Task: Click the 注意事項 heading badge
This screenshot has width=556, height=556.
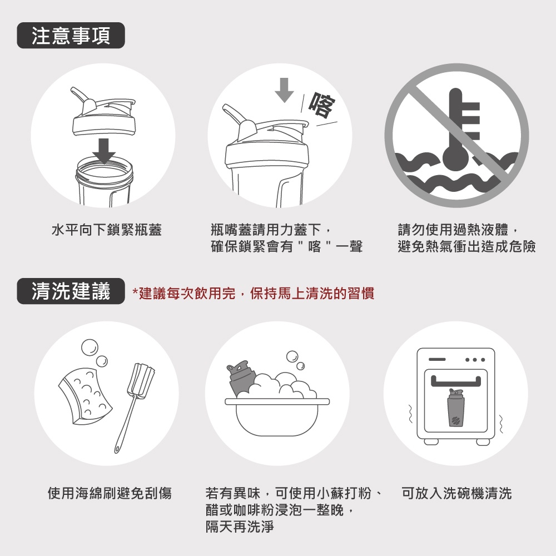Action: (71, 36)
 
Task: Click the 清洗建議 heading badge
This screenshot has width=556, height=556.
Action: (71, 291)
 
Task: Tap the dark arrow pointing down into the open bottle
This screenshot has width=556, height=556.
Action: (104, 151)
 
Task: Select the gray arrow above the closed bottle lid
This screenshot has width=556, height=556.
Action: (284, 90)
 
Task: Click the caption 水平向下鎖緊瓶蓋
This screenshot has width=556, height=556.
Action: (107, 230)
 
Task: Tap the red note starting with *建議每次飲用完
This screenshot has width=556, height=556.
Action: (253, 293)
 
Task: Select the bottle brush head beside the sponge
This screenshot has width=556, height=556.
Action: (141, 379)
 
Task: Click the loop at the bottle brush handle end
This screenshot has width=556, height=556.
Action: (117, 449)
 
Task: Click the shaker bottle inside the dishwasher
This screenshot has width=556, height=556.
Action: (456, 408)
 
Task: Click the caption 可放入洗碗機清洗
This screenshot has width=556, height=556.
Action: (456, 493)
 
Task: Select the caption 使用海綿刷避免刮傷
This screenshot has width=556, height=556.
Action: (110, 493)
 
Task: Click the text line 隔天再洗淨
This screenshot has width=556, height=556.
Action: (240, 527)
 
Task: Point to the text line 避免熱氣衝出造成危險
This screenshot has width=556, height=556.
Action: (466, 246)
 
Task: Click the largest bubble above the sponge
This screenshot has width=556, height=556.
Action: (90, 348)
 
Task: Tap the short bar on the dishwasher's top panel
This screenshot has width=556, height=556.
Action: (437, 360)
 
